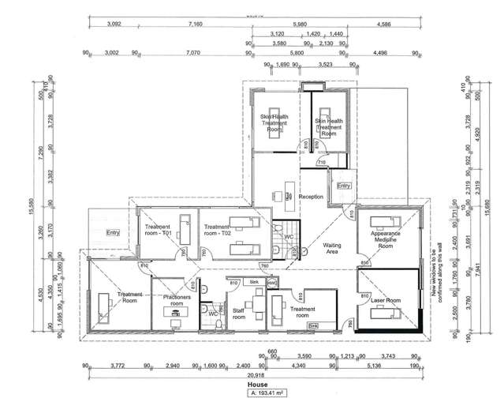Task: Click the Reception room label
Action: click(312, 196)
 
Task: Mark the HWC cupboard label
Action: click(272, 281)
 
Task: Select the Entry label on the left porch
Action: click(112, 233)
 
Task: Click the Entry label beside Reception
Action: click(342, 186)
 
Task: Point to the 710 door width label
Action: click(322, 162)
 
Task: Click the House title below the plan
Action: click(252, 383)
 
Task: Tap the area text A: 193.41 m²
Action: click(252, 392)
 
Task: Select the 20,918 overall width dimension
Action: click(252, 374)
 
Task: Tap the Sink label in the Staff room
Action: click(254, 281)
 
